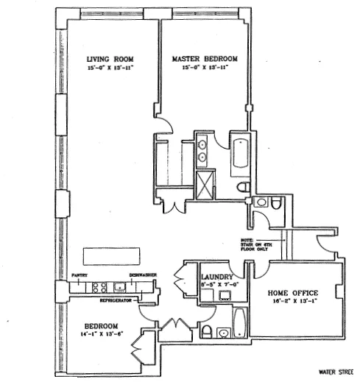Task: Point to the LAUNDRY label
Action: click(x=216, y=277)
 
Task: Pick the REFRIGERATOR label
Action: click(x=121, y=300)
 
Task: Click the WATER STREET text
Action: click(x=338, y=372)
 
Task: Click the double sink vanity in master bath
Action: click(x=202, y=150)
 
